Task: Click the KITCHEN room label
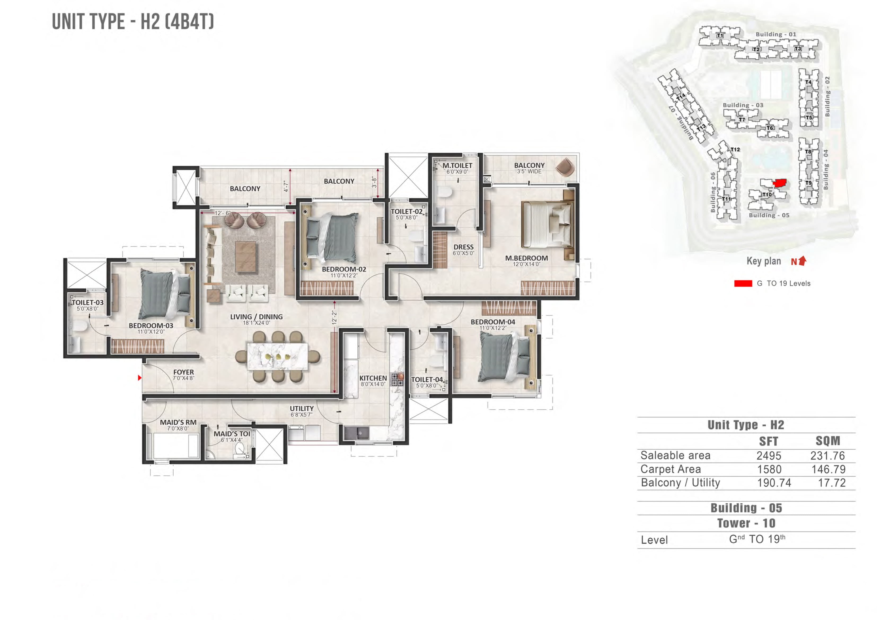pos(373,378)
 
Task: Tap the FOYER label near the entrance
pos(183,372)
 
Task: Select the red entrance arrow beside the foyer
pos(140,377)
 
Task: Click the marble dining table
pos(278,356)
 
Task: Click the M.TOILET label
pos(457,165)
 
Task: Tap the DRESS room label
pos(463,247)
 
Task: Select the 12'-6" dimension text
pos(223,213)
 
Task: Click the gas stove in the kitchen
pos(397,379)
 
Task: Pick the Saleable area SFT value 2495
pos(769,455)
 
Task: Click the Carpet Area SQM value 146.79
pos(828,469)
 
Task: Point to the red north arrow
pos(803,261)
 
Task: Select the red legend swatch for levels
pos(743,283)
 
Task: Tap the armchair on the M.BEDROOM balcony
pos(565,167)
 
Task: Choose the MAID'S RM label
pos(178,422)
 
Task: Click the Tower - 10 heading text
pos(746,523)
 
